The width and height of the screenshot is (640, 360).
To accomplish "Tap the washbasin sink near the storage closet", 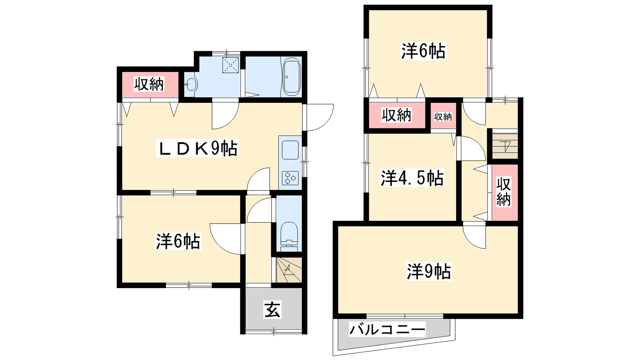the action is tap(192, 84).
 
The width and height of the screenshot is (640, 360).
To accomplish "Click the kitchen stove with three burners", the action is tap(290, 178).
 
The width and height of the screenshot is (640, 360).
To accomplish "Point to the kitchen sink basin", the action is tap(290, 150).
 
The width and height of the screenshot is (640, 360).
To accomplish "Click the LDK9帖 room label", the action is tap(197, 148).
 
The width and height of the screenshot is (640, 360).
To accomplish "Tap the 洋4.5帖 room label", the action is tap(412, 178).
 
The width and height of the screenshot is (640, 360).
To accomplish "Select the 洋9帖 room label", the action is tap(429, 271).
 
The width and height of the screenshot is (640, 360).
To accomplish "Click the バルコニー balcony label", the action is tap(387, 330).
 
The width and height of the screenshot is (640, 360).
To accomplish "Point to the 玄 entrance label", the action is tap(272, 309).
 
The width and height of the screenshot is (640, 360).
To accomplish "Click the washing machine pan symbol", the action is tap(230, 65).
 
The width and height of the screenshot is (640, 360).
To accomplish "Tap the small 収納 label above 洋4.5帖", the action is tap(443, 116).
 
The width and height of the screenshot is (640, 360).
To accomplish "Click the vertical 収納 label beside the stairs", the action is tap(504, 192).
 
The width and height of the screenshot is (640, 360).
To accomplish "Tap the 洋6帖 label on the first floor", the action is tap(178, 241).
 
